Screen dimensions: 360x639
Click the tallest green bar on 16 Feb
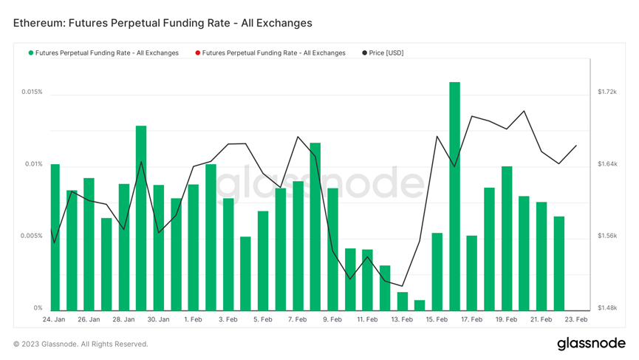[x=454, y=196]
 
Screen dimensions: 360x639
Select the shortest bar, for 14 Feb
[x=420, y=305]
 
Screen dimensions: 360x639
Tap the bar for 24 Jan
[x=55, y=237]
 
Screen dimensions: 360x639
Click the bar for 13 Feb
[x=402, y=301]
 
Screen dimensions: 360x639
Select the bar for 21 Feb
[x=541, y=256]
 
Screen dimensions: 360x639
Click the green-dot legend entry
[x=103, y=53]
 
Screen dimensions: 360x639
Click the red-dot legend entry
[x=270, y=53]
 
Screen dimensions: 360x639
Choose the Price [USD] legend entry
[x=383, y=53]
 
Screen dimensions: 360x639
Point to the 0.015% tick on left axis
[x=32, y=92]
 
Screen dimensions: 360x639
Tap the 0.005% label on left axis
[x=32, y=237]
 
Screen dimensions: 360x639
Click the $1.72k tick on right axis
[x=606, y=92]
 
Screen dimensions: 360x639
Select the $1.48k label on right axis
[x=606, y=308]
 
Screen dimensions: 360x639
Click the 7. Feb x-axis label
[x=297, y=320]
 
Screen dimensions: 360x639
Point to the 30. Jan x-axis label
[x=158, y=320]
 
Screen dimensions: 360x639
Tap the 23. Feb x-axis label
[x=576, y=320]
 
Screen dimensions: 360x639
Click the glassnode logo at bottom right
[x=591, y=344]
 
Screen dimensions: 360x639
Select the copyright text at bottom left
[x=81, y=344]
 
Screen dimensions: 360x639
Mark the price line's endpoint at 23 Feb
[x=576, y=146]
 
